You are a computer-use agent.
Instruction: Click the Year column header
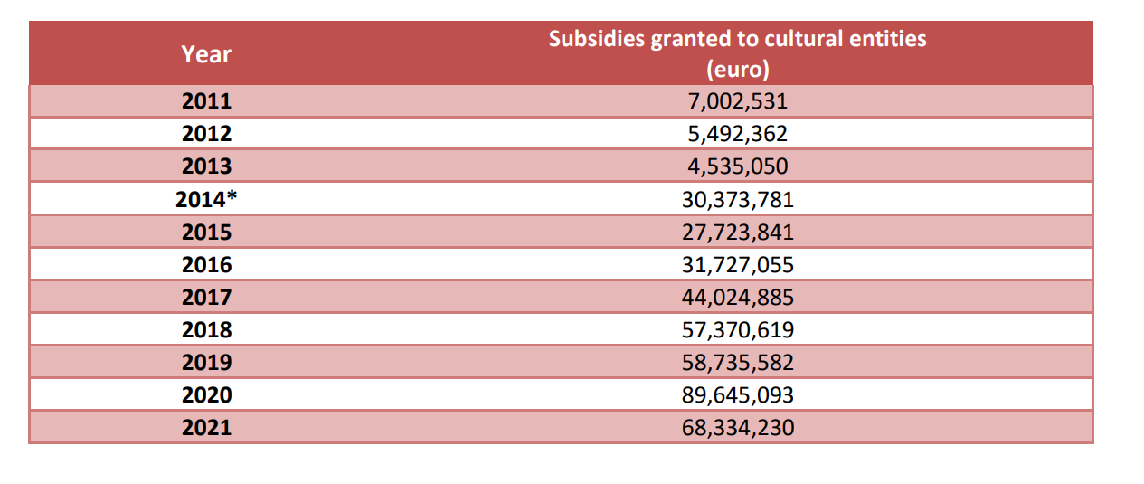[x=206, y=54]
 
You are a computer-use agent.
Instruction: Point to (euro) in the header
[x=737, y=70]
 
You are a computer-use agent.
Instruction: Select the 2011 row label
[x=206, y=101]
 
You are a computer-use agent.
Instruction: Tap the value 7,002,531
[x=737, y=101]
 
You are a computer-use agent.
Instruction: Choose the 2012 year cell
[x=206, y=134]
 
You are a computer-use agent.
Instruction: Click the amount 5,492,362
[x=737, y=134]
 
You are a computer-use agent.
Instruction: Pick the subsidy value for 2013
[x=737, y=166]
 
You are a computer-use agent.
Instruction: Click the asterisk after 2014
[x=232, y=197]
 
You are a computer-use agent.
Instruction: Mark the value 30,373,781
[x=737, y=199]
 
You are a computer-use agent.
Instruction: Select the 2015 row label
[x=206, y=233]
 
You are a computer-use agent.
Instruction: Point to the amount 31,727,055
[x=737, y=265]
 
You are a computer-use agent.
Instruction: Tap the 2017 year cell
[x=206, y=298]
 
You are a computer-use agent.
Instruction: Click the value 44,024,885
[x=737, y=298]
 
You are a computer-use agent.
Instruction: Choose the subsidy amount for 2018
[x=737, y=330]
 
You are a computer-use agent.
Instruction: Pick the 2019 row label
[x=206, y=363]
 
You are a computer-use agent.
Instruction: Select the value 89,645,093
[x=737, y=395]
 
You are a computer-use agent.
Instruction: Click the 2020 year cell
[x=206, y=395]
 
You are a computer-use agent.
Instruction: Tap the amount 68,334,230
[x=737, y=427]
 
